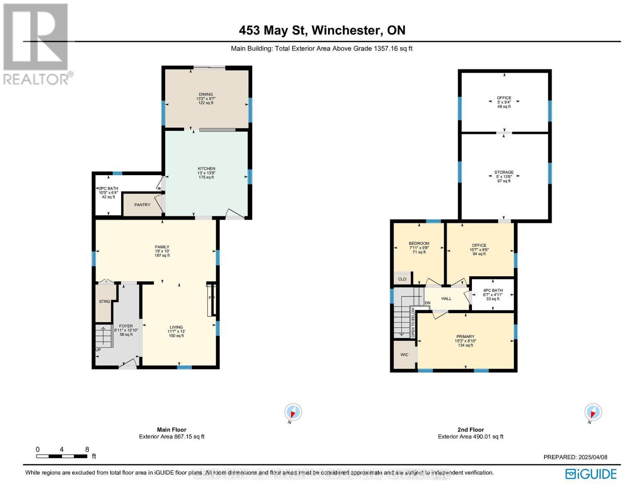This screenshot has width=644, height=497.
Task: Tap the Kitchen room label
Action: coord(206,169)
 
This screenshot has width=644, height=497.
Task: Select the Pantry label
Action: coord(142,205)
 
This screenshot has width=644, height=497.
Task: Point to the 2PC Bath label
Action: coord(109,188)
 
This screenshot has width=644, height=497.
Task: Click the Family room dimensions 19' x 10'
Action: coord(162,251)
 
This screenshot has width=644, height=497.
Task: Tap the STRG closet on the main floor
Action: coord(104,302)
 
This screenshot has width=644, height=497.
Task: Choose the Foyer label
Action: coord(126,326)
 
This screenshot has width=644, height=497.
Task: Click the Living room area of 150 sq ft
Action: coord(176,336)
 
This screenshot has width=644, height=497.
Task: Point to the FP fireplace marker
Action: coord(211,298)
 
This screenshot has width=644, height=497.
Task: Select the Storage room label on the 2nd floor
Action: coord(504,172)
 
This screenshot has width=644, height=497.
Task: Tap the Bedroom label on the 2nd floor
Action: coord(419,244)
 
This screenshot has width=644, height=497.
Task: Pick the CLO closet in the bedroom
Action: coord(402,279)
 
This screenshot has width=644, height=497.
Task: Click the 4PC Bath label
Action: coord(493,290)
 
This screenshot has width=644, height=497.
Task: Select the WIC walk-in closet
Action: coord(404,355)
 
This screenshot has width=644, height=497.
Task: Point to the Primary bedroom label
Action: coord(465,337)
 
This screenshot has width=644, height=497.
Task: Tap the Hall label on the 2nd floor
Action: coord(446,299)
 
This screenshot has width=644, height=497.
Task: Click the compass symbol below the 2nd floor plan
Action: coord(593,413)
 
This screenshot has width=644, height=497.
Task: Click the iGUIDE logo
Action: coord(591,474)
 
